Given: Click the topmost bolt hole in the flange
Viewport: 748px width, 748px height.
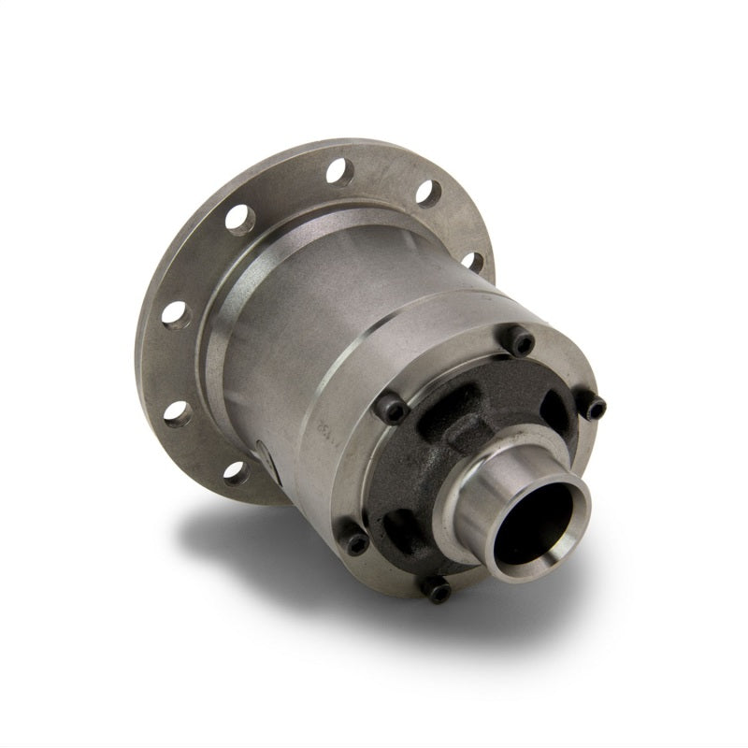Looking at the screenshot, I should (339, 171).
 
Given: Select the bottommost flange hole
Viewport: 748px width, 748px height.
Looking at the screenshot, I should (236, 473).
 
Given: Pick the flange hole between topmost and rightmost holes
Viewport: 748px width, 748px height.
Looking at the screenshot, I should (427, 194).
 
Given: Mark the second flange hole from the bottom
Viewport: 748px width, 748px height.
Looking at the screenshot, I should (178, 413).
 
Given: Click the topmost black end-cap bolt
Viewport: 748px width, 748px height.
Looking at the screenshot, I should (520, 341).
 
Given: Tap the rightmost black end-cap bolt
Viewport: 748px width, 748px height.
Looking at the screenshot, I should (593, 407).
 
